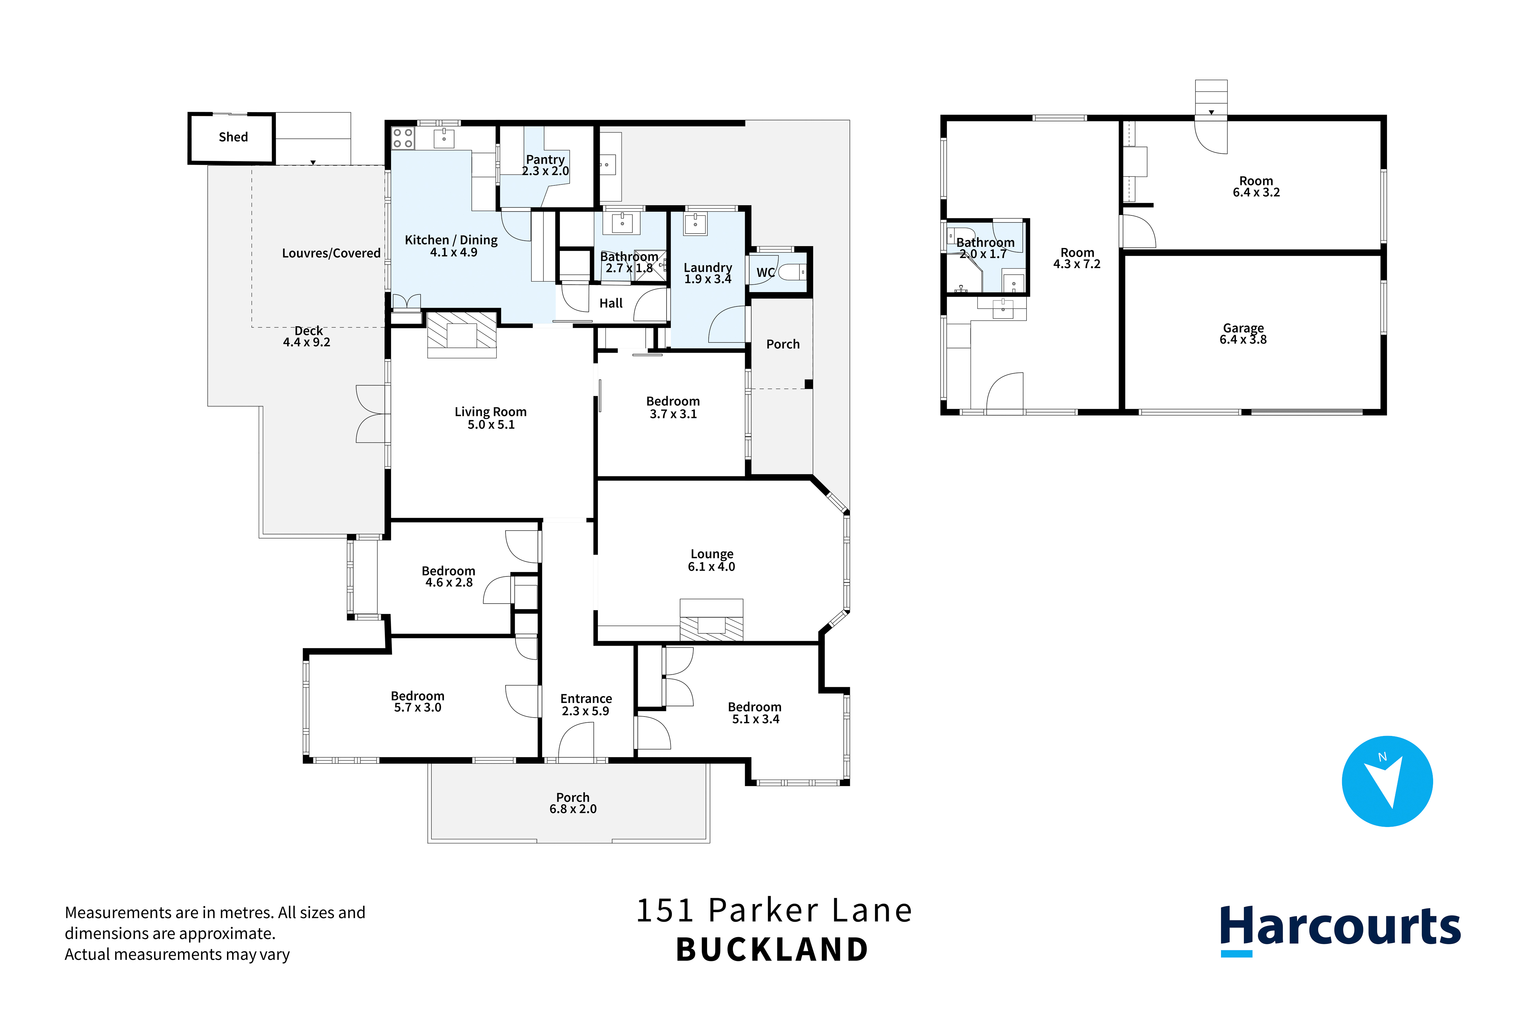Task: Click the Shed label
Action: pyautogui.click(x=233, y=137)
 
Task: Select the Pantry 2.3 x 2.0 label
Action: pyautogui.click(x=545, y=165)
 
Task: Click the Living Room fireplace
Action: pyautogui.click(x=462, y=335)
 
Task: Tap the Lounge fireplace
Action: pyautogui.click(x=711, y=620)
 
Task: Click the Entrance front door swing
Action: pyautogui.click(x=576, y=740)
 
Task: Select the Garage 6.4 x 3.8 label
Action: pyautogui.click(x=1243, y=333)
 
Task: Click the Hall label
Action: pyautogui.click(x=611, y=303)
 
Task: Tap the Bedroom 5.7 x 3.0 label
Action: pyautogui.click(x=418, y=701)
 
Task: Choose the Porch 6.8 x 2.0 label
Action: pyautogui.click(x=573, y=803)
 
